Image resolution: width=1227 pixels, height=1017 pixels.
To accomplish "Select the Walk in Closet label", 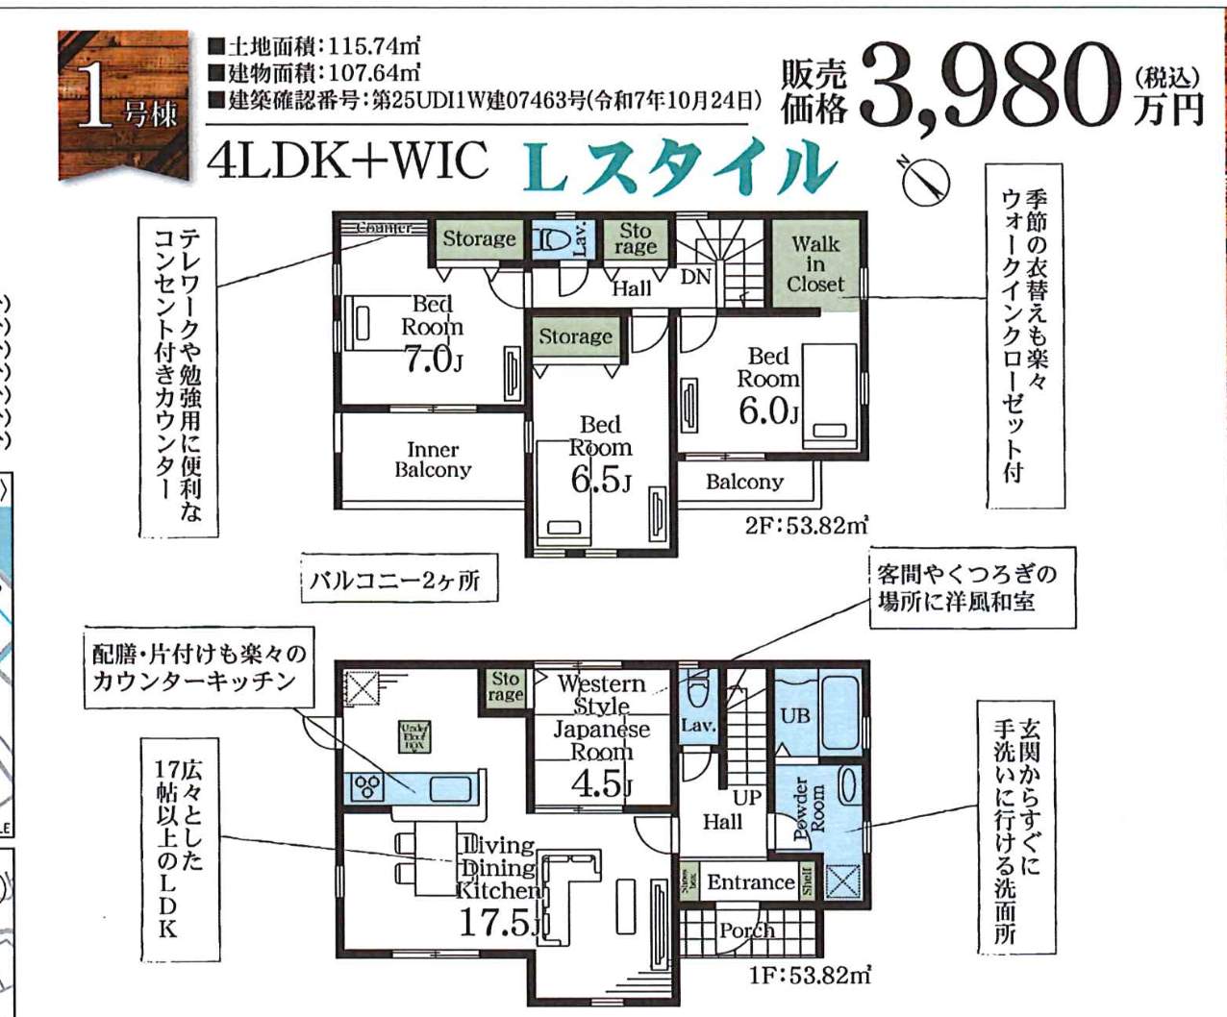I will tap(815, 263).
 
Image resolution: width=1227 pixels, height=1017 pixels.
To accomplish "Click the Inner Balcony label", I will tap(433, 459).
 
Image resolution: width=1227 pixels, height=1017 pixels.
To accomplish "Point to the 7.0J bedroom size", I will tap(433, 360).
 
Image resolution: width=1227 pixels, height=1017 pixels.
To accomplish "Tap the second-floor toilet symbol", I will tap(553, 239).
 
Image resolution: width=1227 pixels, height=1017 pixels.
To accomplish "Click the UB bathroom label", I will tap(794, 715).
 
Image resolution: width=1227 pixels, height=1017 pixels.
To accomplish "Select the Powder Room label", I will tap(809, 808).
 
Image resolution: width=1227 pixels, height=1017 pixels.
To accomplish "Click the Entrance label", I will tap(750, 881).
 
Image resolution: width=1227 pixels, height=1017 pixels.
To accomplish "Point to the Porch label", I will tap(747, 930).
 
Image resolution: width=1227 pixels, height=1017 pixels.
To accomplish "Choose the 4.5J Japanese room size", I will tap(601, 784).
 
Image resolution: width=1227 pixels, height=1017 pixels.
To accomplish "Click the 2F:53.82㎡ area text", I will tap(806, 526).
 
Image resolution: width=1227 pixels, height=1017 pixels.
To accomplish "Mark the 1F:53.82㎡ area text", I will tap(810, 976).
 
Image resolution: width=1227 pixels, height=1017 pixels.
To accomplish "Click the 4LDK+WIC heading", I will tap(347, 161).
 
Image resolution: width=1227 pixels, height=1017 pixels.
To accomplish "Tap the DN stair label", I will tap(695, 277).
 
